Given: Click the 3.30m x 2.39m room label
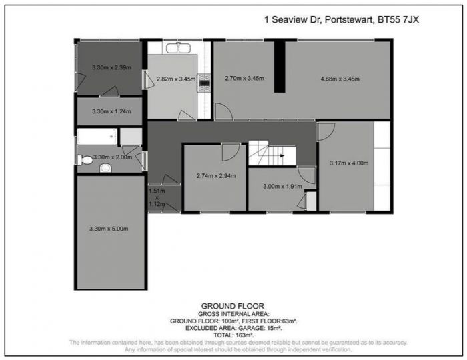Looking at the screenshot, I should [x=111, y=68].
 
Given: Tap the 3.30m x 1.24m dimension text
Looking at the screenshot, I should [x=111, y=111].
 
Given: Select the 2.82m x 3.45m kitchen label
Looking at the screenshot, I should [x=175, y=79].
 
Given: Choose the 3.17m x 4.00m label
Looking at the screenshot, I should [x=349, y=163].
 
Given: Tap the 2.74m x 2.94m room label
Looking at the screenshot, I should [x=215, y=176].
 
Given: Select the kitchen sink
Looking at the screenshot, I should [x=178, y=48].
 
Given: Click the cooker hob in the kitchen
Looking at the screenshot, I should [x=204, y=84].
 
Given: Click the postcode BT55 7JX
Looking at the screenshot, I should [x=398, y=20].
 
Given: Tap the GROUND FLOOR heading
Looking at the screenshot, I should [x=233, y=305].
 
